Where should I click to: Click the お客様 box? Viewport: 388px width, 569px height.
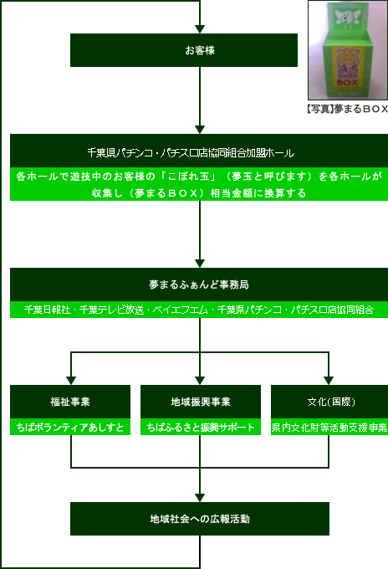[x=184, y=50]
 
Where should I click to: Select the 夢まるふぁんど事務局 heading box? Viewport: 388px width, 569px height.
[x=199, y=284]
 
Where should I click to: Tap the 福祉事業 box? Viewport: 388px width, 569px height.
[x=70, y=402]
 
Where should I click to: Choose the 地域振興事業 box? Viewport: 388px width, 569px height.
[x=201, y=402]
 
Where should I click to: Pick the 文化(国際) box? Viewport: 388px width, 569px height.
[x=329, y=402]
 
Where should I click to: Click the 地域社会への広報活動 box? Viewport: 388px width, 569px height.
[x=200, y=519]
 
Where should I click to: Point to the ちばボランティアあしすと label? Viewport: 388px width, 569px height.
[x=70, y=427]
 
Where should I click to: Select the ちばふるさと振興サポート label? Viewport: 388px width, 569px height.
[x=201, y=427]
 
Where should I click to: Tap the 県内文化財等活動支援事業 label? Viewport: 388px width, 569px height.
[x=329, y=427]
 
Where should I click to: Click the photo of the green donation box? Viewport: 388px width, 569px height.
[x=348, y=50]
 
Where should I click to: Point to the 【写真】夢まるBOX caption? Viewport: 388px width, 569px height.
[x=347, y=109]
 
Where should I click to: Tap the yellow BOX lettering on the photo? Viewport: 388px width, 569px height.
[x=347, y=82]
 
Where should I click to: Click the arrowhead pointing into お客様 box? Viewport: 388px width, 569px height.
[x=200, y=29]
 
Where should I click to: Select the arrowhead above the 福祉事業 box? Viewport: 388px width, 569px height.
[x=71, y=381]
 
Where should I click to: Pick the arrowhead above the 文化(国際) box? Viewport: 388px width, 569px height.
[x=329, y=381]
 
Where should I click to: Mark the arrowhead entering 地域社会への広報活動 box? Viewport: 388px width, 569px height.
[x=200, y=498]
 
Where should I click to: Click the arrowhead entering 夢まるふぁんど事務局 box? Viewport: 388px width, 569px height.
[x=200, y=264]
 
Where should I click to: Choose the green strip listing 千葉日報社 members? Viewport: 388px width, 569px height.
[x=199, y=310]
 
